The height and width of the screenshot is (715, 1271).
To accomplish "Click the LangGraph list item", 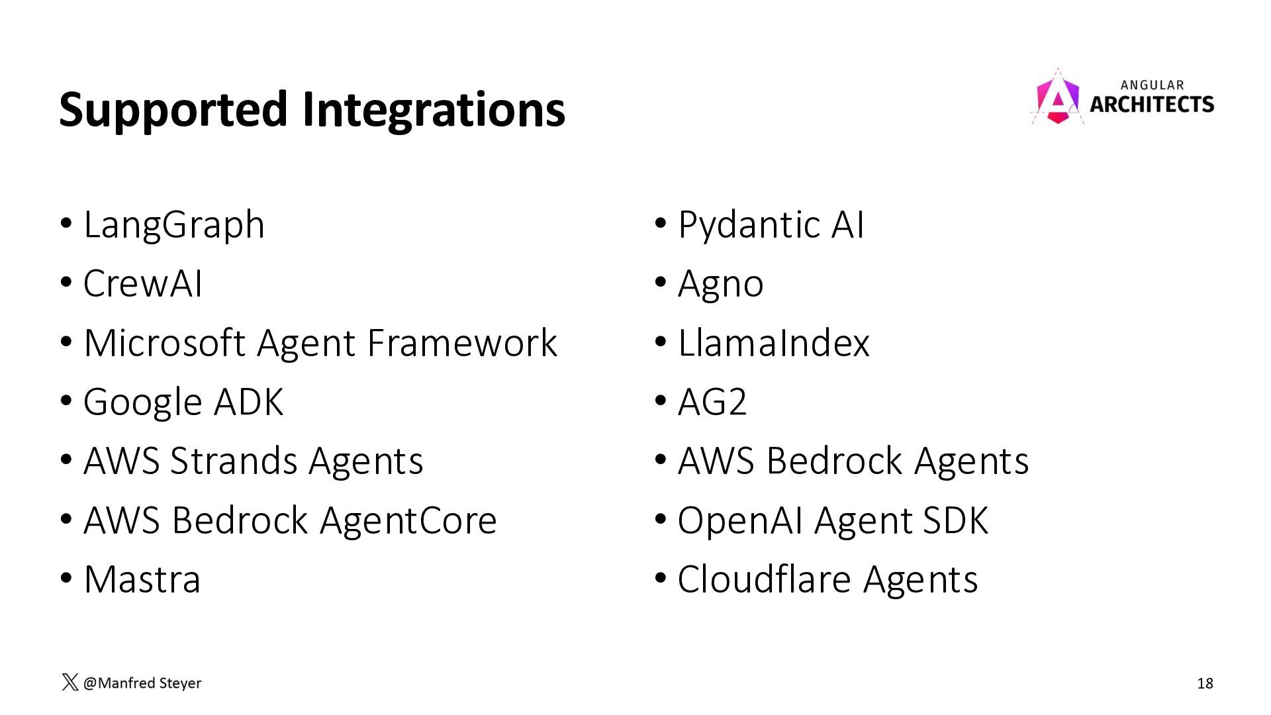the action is pyautogui.click(x=174, y=225).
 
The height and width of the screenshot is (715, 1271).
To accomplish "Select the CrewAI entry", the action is pyautogui.click(x=142, y=283).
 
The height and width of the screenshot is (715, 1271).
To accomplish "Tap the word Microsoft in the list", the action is pyautogui.click(x=165, y=343).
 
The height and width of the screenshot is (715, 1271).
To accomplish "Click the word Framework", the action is pyautogui.click(x=462, y=343).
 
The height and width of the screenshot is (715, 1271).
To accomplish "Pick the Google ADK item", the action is pyautogui.click(x=183, y=402).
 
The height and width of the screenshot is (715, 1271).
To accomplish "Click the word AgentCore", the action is pyautogui.click(x=408, y=520).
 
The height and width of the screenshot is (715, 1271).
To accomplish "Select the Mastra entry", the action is pyautogui.click(x=142, y=579).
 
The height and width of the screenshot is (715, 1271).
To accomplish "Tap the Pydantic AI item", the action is pyautogui.click(x=771, y=225).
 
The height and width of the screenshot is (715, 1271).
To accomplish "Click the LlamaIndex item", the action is pyautogui.click(x=774, y=343).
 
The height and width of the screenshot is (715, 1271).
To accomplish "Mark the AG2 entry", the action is pyautogui.click(x=712, y=402).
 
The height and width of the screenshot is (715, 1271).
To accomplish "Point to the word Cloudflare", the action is pyautogui.click(x=765, y=579).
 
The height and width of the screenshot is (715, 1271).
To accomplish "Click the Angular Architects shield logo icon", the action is pyautogui.click(x=1058, y=97).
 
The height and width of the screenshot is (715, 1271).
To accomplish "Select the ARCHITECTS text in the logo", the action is pyautogui.click(x=1152, y=104).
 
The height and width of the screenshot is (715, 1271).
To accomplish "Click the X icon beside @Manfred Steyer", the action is pyautogui.click(x=70, y=683).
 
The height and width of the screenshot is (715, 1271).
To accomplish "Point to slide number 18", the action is pyautogui.click(x=1205, y=683).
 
